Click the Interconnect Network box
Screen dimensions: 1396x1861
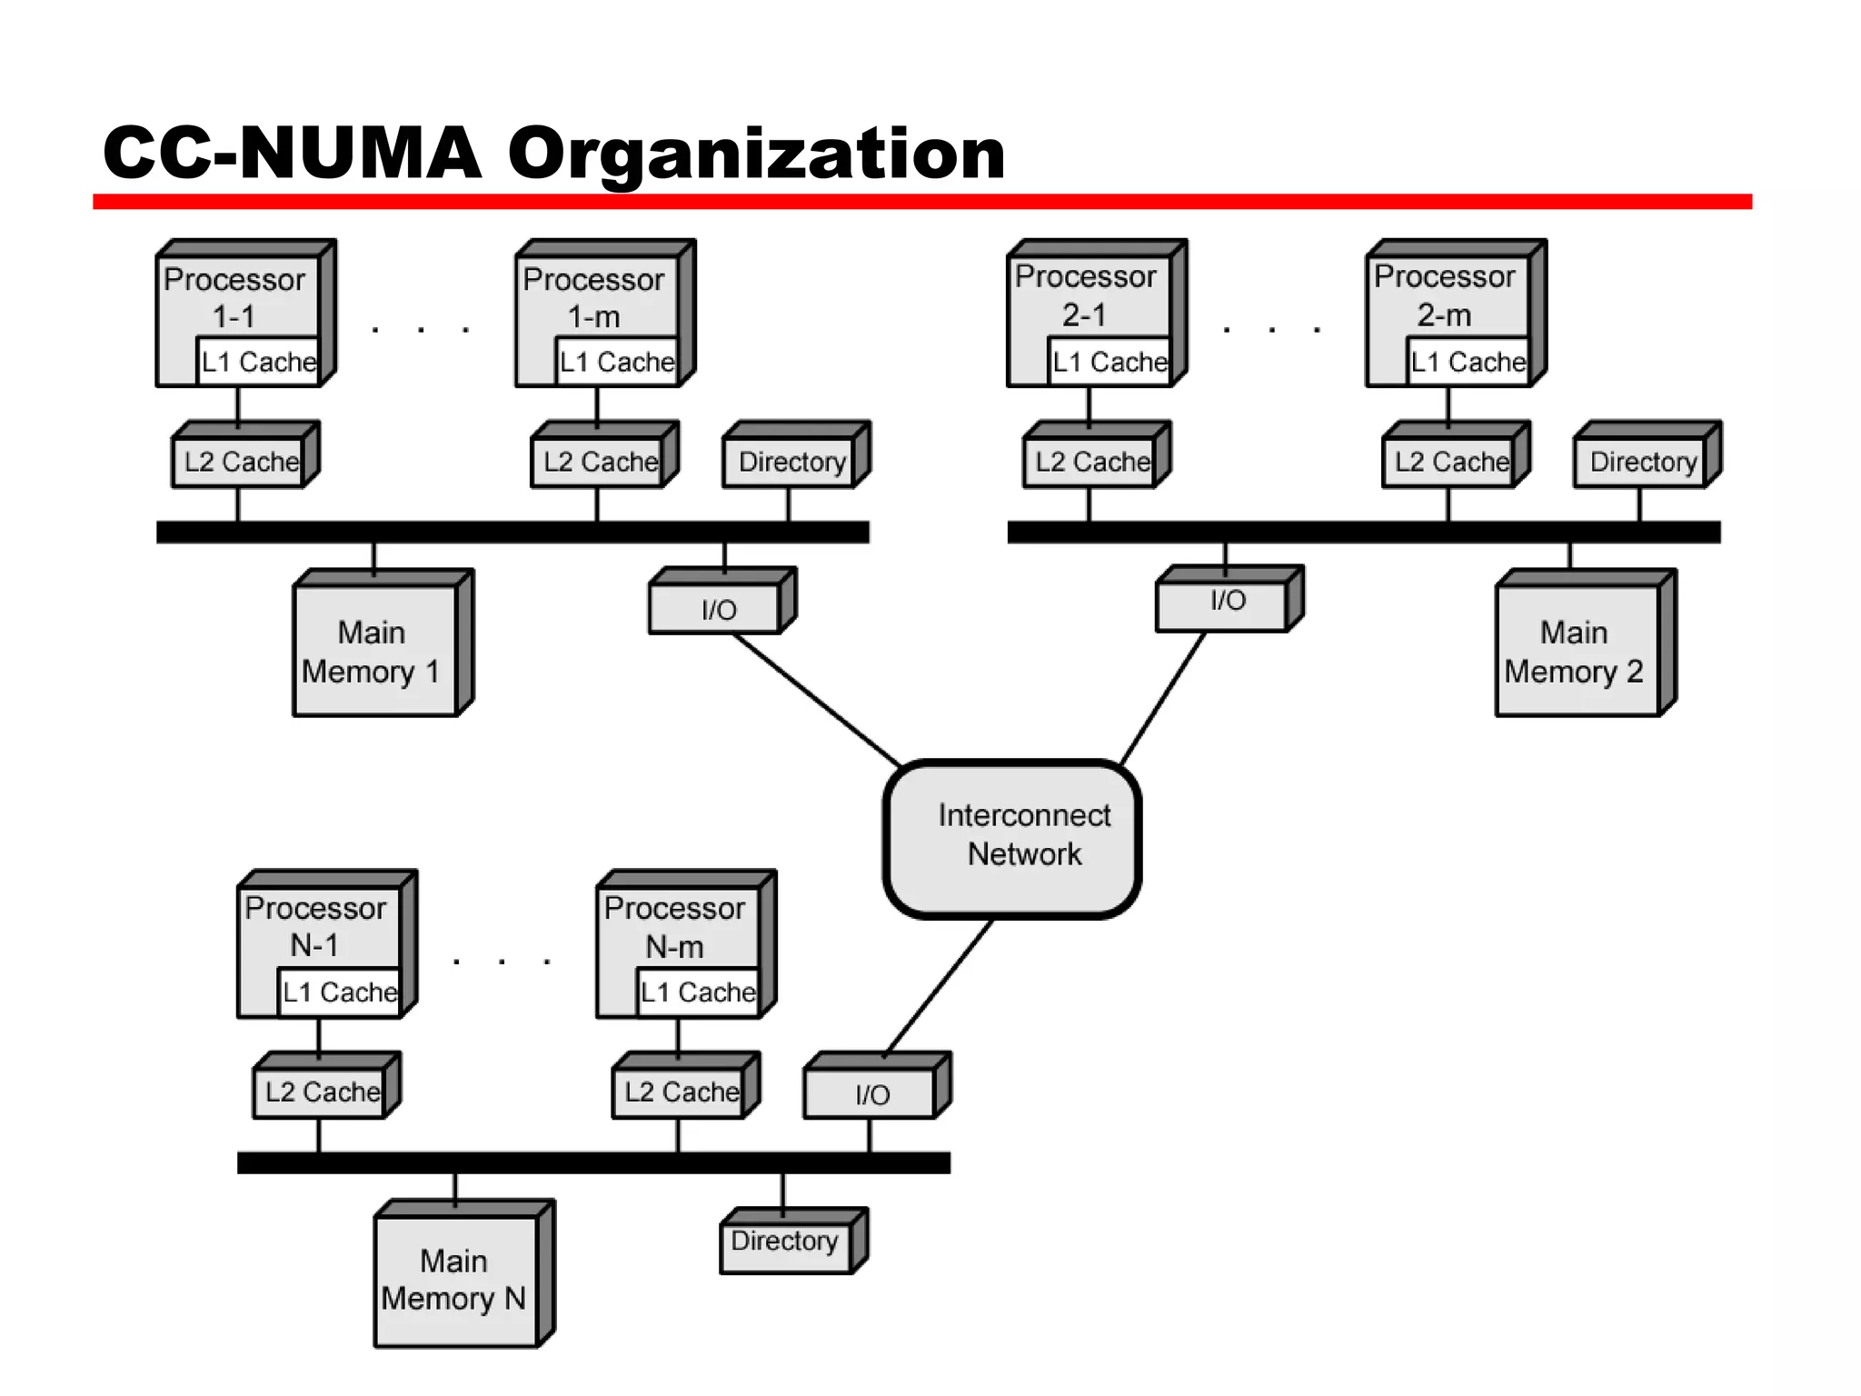[x=1012, y=838]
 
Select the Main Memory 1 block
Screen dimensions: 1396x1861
[x=374, y=651]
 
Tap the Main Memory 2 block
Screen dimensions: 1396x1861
[x=1577, y=651]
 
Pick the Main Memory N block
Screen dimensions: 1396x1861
[x=456, y=1280]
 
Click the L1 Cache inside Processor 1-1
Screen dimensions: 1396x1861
[x=258, y=362]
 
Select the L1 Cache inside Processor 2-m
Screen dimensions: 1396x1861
[x=1468, y=362]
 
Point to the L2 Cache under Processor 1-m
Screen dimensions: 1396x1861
[x=600, y=462]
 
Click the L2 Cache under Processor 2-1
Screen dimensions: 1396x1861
[x=1091, y=462]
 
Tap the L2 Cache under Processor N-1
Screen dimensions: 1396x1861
[x=322, y=1092]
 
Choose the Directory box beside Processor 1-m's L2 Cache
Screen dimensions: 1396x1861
[x=791, y=462]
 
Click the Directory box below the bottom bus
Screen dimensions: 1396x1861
[x=785, y=1241]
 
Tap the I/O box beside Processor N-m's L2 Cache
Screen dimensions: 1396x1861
[x=871, y=1094]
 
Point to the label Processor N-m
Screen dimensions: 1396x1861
[x=674, y=927]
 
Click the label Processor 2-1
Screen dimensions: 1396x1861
[x=1085, y=295]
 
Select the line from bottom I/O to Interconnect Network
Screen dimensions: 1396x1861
[x=939, y=987]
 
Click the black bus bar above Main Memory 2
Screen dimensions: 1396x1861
[x=1363, y=533]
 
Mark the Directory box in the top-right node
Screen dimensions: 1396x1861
[x=1643, y=462]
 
